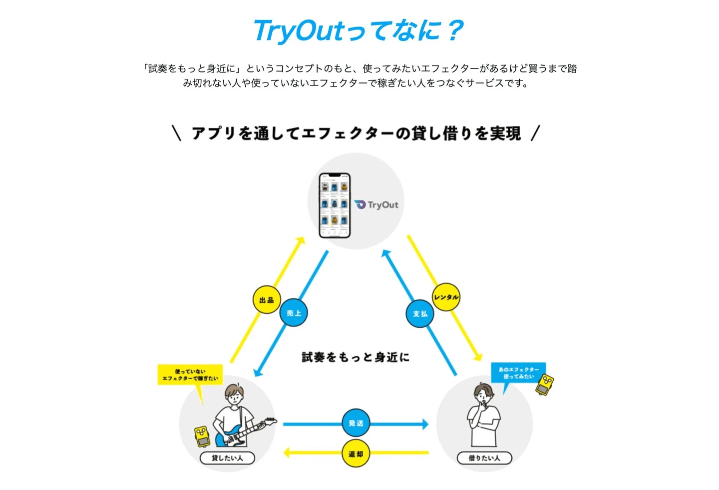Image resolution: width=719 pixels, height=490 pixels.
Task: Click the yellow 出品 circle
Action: [x=267, y=299]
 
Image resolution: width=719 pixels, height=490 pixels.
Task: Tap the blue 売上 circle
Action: [x=294, y=313]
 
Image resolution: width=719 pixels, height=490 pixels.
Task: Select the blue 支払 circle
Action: [x=420, y=313]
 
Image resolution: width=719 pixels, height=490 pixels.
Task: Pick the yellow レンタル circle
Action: [x=446, y=297]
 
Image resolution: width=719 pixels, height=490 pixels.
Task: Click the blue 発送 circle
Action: [x=356, y=423]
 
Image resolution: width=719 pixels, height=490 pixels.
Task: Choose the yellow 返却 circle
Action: [x=356, y=453]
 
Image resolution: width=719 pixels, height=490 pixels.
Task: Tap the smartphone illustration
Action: [x=335, y=205]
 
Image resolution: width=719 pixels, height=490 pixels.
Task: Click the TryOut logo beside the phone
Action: [x=377, y=204]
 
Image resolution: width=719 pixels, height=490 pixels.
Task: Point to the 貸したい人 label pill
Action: [x=227, y=458]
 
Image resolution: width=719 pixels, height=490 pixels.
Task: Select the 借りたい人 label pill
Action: [x=484, y=458]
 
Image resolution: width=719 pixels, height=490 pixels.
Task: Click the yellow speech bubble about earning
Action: [x=190, y=375]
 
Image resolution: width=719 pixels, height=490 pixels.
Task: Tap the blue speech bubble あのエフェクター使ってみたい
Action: [x=518, y=373]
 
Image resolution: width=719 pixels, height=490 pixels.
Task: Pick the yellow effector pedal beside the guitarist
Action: [x=202, y=435]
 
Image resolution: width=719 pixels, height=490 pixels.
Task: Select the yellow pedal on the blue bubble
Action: [x=545, y=384]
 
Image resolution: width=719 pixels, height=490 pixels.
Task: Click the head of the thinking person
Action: [x=483, y=392]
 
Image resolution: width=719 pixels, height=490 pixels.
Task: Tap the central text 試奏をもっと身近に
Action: [x=356, y=357]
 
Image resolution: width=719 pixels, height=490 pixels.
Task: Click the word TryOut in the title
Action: [x=299, y=31]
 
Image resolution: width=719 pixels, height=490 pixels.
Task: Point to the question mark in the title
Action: [x=455, y=31]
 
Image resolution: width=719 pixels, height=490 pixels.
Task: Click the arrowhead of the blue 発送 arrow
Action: [x=425, y=424]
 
